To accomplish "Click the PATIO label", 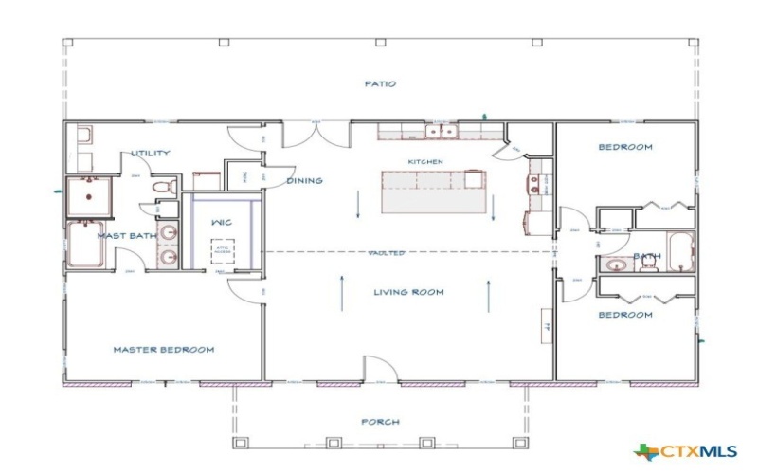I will [x=379, y=83].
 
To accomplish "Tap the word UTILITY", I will [x=150, y=153].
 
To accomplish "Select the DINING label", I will [x=304, y=180].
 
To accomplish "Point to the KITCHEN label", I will [x=425, y=162].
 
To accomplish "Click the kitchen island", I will [x=433, y=191].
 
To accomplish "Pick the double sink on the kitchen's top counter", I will [x=442, y=132].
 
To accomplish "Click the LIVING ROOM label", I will [x=408, y=292].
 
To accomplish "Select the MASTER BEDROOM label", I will [x=163, y=350].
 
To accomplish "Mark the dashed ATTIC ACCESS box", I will [x=222, y=251].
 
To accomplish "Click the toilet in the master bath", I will [x=162, y=184].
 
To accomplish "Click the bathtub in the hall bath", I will [x=677, y=251].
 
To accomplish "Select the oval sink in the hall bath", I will [x=616, y=265].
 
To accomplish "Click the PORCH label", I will [x=380, y=422].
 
